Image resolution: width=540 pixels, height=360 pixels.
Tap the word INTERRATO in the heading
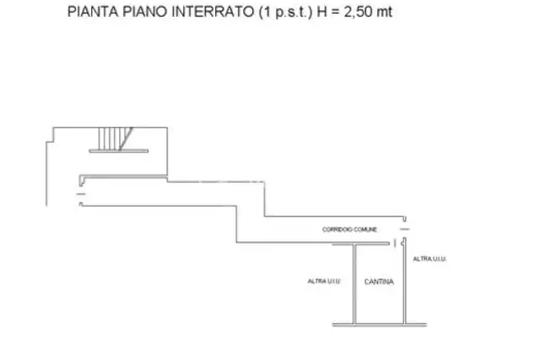tap(213, 12)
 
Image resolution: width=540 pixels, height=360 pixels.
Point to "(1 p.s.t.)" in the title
tap(285, 12)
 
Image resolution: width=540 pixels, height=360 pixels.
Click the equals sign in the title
tap(334, 12)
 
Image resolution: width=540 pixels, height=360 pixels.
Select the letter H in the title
tap(321, 12)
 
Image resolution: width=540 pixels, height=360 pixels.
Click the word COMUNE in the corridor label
tap(365, 229)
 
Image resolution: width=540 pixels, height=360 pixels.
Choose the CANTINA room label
tap(379, 282)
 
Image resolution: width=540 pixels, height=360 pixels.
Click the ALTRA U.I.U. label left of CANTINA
tap(324, 282)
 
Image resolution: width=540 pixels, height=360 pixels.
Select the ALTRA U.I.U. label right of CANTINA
tap(429, 259)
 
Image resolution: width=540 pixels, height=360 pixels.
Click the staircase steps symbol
tap(115, 139)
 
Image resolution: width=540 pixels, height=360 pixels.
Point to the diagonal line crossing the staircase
tap(126, 139)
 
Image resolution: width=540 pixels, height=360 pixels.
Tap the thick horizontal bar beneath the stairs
tap(119, 151)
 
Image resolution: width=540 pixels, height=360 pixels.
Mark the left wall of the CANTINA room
tap(354, 284)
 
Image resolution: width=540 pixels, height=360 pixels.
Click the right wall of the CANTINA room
tap(405, 281)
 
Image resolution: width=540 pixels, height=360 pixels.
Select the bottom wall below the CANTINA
tap(380, 325)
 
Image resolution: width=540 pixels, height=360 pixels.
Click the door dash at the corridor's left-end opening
tap(81, 194)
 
